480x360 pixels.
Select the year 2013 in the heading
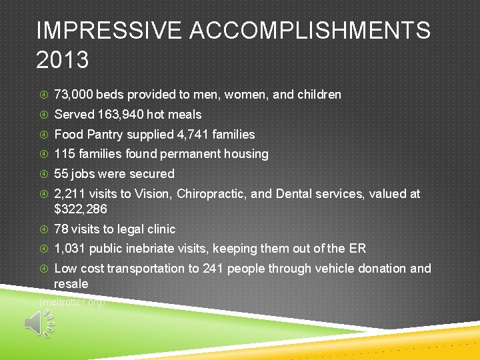tap(63, 61)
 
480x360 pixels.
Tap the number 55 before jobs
tap(61, 174)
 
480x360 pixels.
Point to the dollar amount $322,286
tap(81, 209)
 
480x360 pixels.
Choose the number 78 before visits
tap(61, 229)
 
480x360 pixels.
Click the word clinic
tap(159, 229)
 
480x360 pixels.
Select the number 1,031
tap(69, 249)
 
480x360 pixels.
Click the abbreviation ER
tap(357, 249)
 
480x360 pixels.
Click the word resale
tap(71, 284)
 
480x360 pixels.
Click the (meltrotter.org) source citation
tap(73, 302)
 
